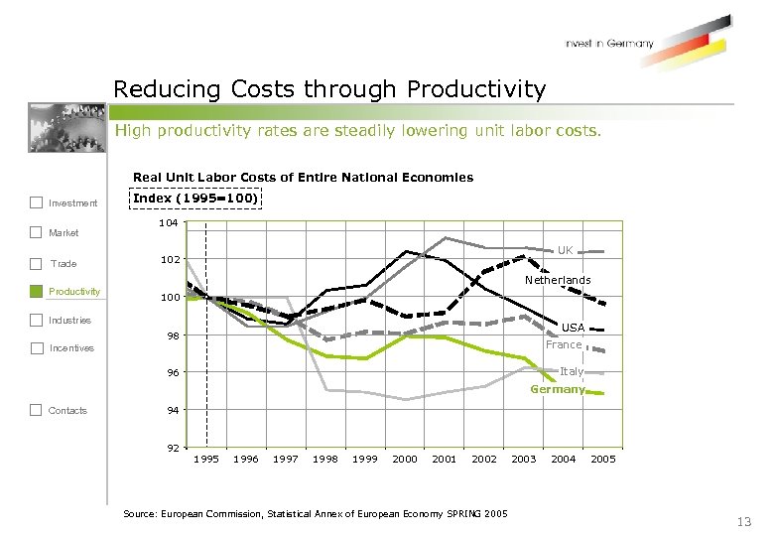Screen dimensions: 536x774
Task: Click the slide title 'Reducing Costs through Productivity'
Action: tap(329, 89)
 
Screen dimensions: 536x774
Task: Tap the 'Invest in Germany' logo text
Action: tap(609, 44)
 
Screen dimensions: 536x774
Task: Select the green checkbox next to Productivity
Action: tap(37, 292)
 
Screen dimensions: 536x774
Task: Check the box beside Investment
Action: tap(37, 203)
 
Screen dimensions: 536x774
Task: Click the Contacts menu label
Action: tap(67, 410)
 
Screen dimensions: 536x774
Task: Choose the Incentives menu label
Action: tap(71, 348)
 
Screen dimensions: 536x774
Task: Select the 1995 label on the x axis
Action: tap(206, 460)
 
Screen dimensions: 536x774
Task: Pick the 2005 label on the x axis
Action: tap(603, 460)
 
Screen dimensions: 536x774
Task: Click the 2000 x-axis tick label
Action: tap(405, 460)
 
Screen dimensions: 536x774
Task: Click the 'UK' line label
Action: tap(565, 250)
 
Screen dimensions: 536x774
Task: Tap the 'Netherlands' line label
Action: tap(558, 281)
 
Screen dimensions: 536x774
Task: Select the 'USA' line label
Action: tap(573, 328)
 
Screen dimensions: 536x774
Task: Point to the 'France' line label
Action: tap(564, 345)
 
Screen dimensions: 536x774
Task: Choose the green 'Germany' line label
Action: tap(557, 389)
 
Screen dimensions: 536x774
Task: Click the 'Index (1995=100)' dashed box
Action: tap(195, 199)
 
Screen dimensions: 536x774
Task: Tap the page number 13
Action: tap(744, 522)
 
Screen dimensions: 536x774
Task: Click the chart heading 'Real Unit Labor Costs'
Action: tap(303, 178)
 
